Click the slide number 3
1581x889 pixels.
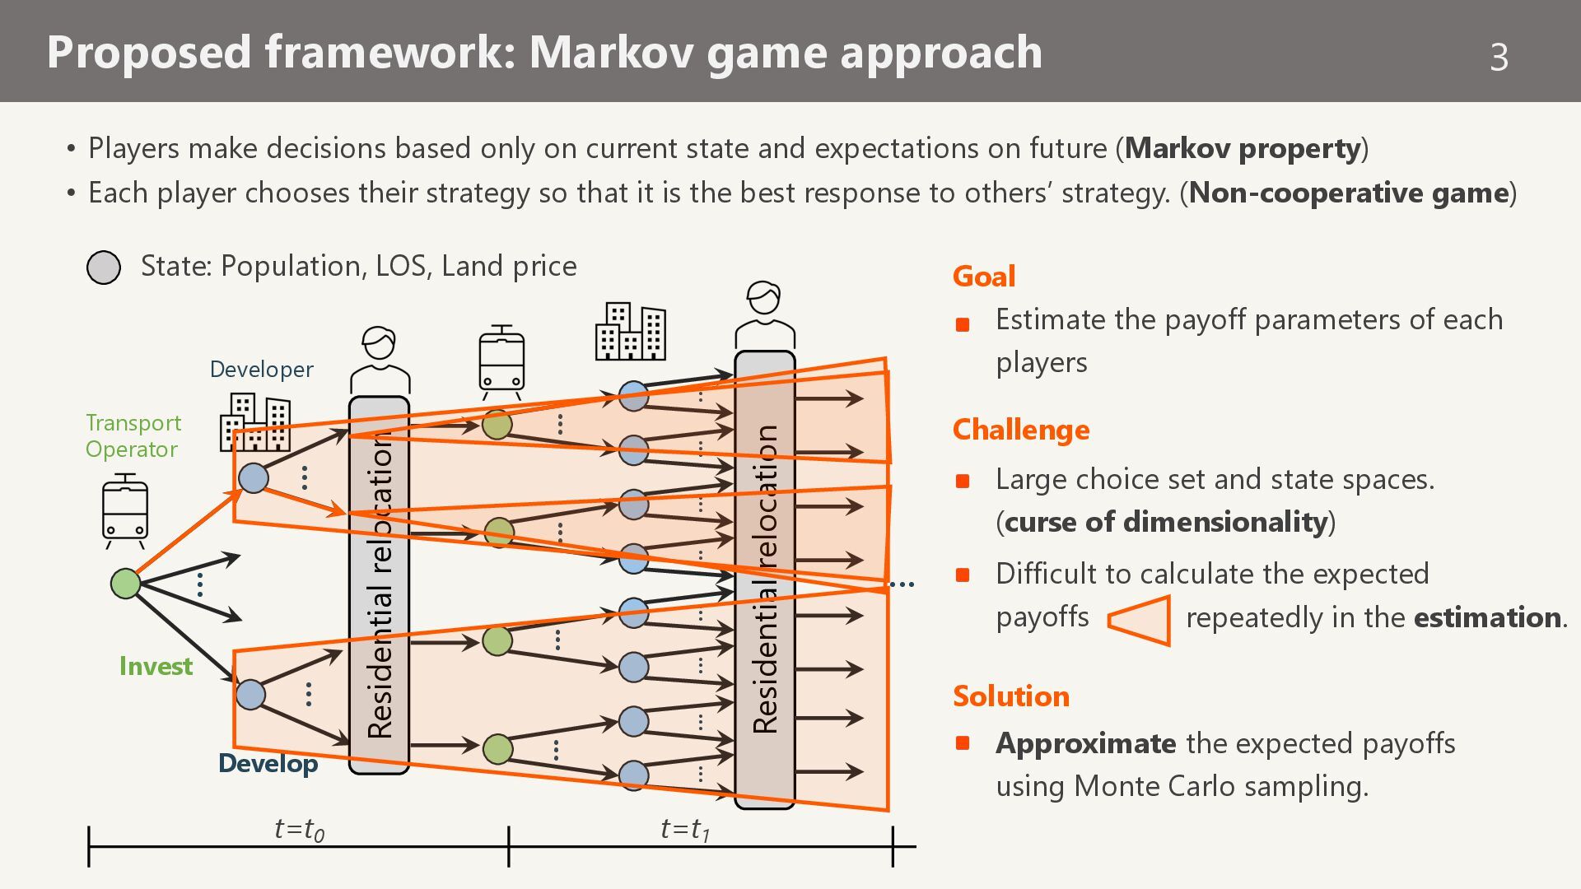(x=1499, y=57)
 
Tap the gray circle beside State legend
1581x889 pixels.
(x=104, y=268)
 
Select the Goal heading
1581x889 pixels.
(x=983, y=276)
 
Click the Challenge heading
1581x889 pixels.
(x=1020, y=430)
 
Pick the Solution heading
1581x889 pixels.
(x=1010, y=696)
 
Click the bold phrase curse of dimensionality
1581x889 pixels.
(x=1166, y=522)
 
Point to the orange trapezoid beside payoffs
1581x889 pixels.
(x=1140, y=620)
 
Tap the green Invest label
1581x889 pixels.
(x=156, y=666)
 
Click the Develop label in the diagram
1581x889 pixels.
(x=268, y=764)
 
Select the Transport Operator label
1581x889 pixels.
(x=133, y=435)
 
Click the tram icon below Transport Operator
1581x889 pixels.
(x=125, y=511)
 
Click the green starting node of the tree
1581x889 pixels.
(x=125, y=584)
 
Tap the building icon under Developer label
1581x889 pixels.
(x=255, y=421)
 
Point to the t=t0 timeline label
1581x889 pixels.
(x=299, y=829)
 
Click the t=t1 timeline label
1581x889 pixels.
(x=685, y=829)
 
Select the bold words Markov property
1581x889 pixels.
(x=1242, y=148)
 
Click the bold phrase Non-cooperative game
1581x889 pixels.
(x=1348, y=193)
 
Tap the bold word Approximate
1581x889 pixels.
(x=1085, y=743)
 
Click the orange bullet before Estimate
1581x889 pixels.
(x=962, y=324)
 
